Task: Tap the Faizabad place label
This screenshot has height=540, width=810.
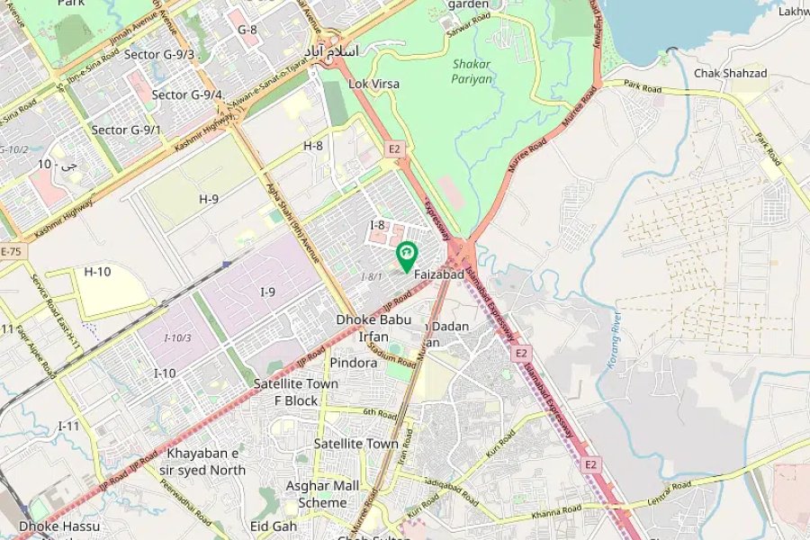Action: pyautogui.click(x=438, y=274)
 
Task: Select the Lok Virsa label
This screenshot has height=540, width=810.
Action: pyautogui.click(x=373, y=84)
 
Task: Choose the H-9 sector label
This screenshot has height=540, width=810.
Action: pyautogui.click(x=209, y=198)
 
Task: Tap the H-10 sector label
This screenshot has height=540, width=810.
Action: pyautogui.click(x=97, y=271)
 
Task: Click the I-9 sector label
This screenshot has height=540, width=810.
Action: pyautogui.click(x=268, y=292)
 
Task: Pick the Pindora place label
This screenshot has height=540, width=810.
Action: pyautogui.click(x=353, y=363)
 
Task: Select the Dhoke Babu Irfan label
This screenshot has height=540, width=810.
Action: pyautogui.click(x=373, y=328)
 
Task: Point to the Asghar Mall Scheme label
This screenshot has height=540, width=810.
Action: pyautogui.click(x=322, y=494)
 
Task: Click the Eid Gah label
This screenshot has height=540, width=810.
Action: pyautogui.click(x=274, y=526)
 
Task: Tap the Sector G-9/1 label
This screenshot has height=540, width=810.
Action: pyautogui.click(x=126, y=130)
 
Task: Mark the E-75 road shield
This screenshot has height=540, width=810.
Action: pyautogui.click(x=11, y=251)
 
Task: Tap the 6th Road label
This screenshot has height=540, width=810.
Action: pyautogui.click(x=380, y=414)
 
